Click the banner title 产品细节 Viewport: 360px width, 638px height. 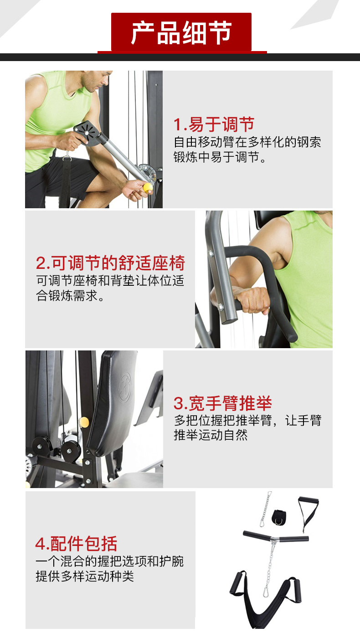point(181,33)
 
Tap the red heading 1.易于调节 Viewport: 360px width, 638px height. point(214,124)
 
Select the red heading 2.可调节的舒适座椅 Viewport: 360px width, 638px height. point(110,262)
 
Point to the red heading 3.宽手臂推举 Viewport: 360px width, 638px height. point(223,403)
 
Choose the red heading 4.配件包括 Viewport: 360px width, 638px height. point(77,544)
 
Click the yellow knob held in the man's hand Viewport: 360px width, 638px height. point(148,188)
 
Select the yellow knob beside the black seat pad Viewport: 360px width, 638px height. point(84,422)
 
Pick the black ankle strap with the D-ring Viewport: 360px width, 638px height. point(278,517)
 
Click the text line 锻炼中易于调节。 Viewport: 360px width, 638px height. point(220,157)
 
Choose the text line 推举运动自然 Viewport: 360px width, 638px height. point(211,435)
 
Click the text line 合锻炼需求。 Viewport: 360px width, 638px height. point(70,296)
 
